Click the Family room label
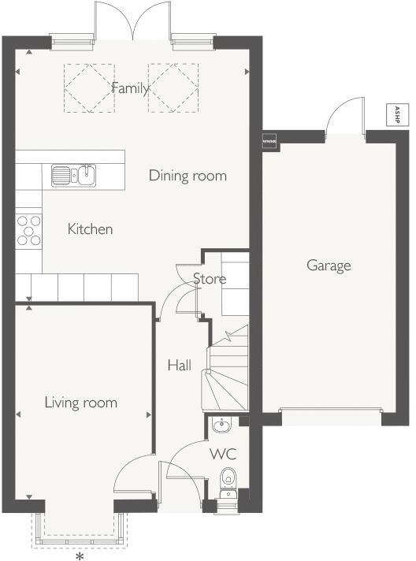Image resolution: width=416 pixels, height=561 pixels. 130,87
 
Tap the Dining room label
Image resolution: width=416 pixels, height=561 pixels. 188,176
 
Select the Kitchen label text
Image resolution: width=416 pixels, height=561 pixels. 90,229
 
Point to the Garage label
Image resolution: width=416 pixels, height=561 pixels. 329,266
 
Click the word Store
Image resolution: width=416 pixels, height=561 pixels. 210,279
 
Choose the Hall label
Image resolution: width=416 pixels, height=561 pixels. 179,366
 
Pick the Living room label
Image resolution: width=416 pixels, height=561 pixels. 80,403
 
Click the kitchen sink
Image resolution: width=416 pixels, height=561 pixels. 73,174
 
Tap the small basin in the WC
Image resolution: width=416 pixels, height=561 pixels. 221,425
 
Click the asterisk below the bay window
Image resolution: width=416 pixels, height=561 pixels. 79,555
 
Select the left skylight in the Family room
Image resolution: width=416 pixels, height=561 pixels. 88,87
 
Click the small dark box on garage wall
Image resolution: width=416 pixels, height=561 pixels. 269,139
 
